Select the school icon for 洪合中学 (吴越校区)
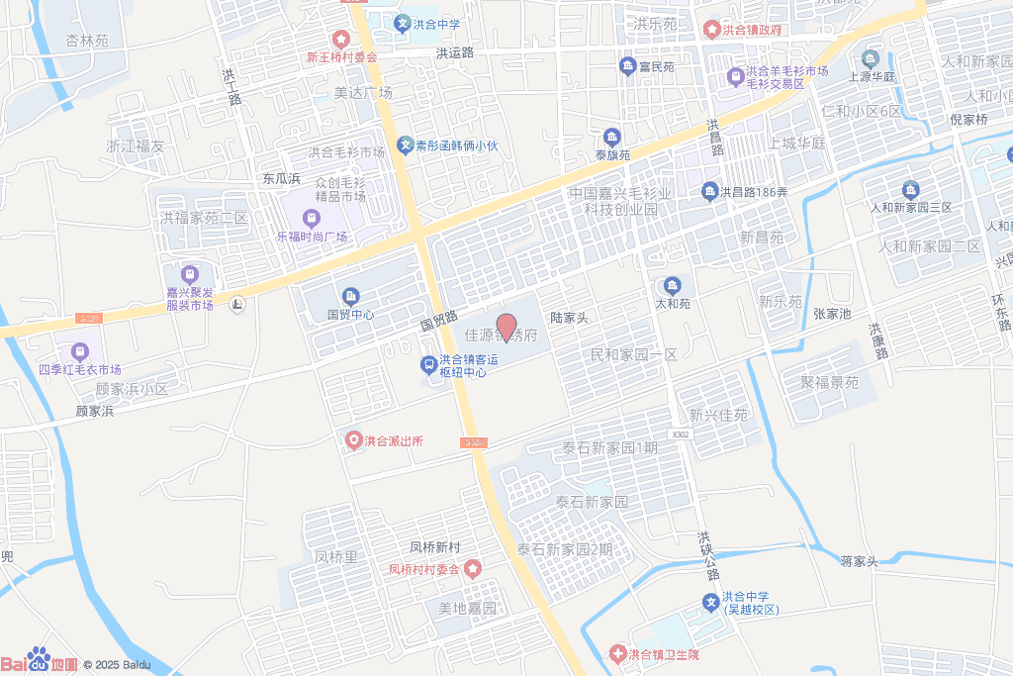coord(710,602)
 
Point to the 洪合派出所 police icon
coord(352,440)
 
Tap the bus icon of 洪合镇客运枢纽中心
coord(428,366)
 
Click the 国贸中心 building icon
coord(351,296)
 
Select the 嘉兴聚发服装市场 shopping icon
coord(190,274)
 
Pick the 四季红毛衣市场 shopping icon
coord(79,351)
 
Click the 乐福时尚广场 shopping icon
coord(312,218)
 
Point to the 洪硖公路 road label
coord(707,555)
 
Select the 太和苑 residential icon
coord(673,286)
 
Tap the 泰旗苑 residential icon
coord(612,137)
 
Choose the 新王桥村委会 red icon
coord(341,39)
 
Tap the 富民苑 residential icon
coord(627,66)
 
